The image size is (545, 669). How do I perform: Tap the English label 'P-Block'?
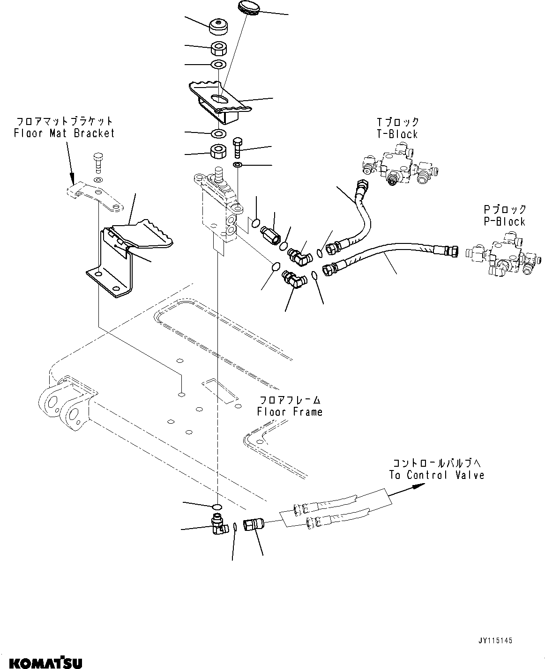click(505, 221)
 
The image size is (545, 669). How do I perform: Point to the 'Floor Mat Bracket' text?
click(64, 133)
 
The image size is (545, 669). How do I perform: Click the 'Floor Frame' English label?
click(290, 412)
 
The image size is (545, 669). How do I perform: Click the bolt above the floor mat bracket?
click(98, 162)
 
